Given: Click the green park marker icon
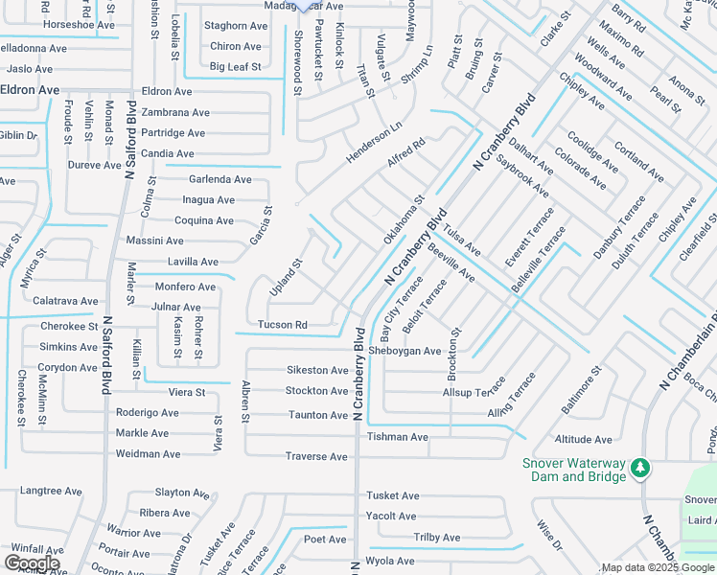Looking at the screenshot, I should (x=639, y=469).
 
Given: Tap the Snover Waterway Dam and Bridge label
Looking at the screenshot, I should (x=574, y=470).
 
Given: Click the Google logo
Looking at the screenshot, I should (x=32, y=563).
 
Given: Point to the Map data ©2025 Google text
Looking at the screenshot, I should (x=658, y=567).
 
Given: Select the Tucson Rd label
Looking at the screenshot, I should (x=282, y=325).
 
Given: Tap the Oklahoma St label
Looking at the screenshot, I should (x=404, y=220).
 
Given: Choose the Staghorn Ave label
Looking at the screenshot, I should (x=236, y=26).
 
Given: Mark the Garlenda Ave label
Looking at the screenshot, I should (x=220, y=179).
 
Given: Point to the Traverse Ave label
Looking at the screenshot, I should (x=315, y=457).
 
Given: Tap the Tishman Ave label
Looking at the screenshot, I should (x=397, y=437).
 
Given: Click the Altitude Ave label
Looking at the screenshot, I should (x=583, y=440).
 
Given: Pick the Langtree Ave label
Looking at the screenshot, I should (x=47, y=489).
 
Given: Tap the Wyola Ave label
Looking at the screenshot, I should (x=390, y=561).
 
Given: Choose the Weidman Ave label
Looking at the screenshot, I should (x=148, y=454).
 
